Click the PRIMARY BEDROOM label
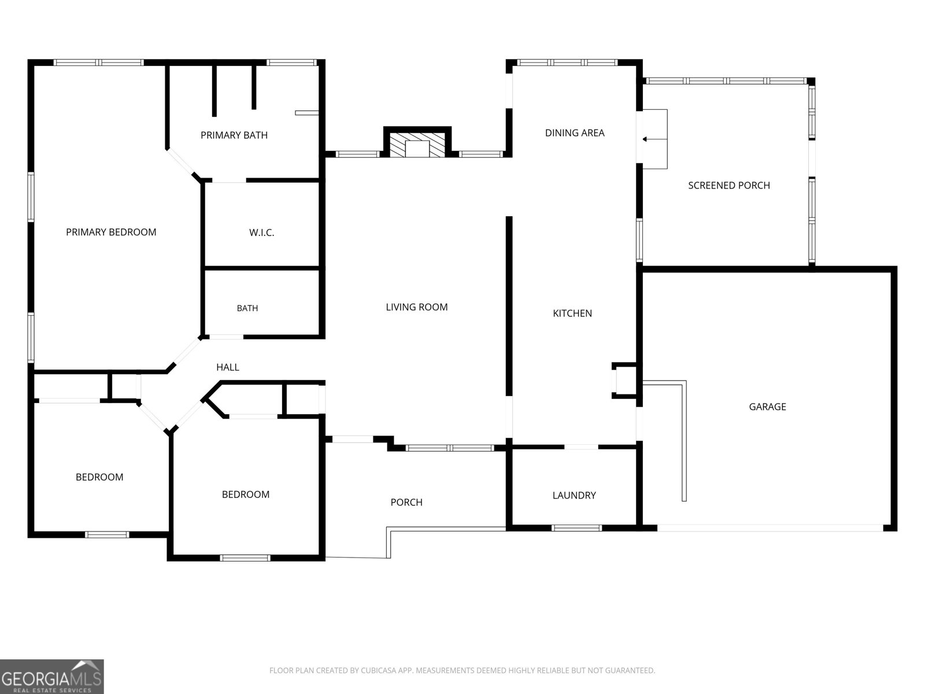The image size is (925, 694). pos(111,232)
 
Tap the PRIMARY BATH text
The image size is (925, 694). pos(234,135)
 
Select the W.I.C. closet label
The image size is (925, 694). pos(262,232)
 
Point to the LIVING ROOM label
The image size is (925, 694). pos(417,307)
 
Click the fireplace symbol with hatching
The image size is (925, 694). pos(417,145)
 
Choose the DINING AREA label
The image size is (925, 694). pos(575,133)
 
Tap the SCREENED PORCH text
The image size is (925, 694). pos(729,186)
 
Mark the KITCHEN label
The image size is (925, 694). pos(572,313)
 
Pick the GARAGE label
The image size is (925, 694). pos(767,407)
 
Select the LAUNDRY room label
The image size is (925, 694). pos(574,496)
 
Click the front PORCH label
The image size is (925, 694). pos(406,502)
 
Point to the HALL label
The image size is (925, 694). pos(228,367)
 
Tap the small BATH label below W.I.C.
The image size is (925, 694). pos(247,308)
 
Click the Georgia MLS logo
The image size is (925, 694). pos(52,676)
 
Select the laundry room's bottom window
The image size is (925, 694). pos(576,528)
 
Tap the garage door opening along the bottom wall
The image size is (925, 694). pos(770,528)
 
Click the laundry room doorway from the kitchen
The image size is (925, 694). pos(581,446)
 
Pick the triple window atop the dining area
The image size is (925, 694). pos(567,62)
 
